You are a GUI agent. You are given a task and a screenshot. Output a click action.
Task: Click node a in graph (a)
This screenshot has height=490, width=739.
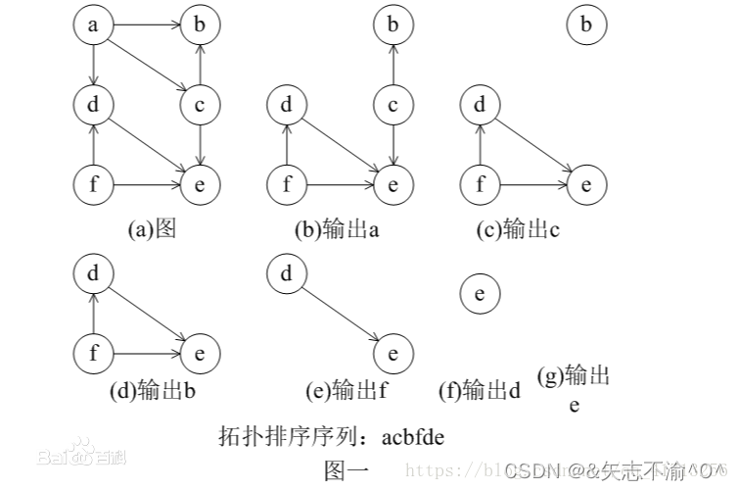coord(93,25)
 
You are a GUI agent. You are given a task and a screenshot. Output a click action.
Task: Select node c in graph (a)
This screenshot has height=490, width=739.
coord(200,103)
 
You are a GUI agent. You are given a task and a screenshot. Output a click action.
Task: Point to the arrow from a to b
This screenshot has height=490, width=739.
coord(146,25)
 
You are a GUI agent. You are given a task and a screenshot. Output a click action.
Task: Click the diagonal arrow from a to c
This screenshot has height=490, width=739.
coord(147,64)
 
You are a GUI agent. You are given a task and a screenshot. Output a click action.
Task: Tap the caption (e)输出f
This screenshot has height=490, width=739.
coord(346,391)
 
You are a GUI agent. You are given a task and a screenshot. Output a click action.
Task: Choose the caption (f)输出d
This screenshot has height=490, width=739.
coord(479,391)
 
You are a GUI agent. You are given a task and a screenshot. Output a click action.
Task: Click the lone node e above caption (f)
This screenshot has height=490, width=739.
coord(479,293)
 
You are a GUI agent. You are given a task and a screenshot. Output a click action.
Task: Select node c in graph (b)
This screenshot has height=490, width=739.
coord(393,103)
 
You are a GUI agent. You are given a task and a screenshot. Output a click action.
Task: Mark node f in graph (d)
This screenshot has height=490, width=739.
coord(93,352)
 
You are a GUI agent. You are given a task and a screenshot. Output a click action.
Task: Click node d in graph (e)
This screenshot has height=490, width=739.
coord(287,274)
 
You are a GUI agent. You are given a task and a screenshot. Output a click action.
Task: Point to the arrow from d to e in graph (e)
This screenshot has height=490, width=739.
coord(339,313)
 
